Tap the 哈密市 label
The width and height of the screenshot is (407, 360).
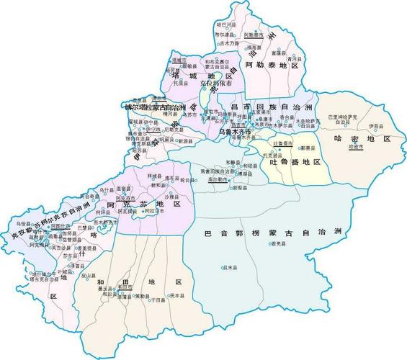pos(355,146)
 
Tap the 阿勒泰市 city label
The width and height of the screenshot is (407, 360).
pos(255,34)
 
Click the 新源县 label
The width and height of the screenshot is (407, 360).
pos(187,140)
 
